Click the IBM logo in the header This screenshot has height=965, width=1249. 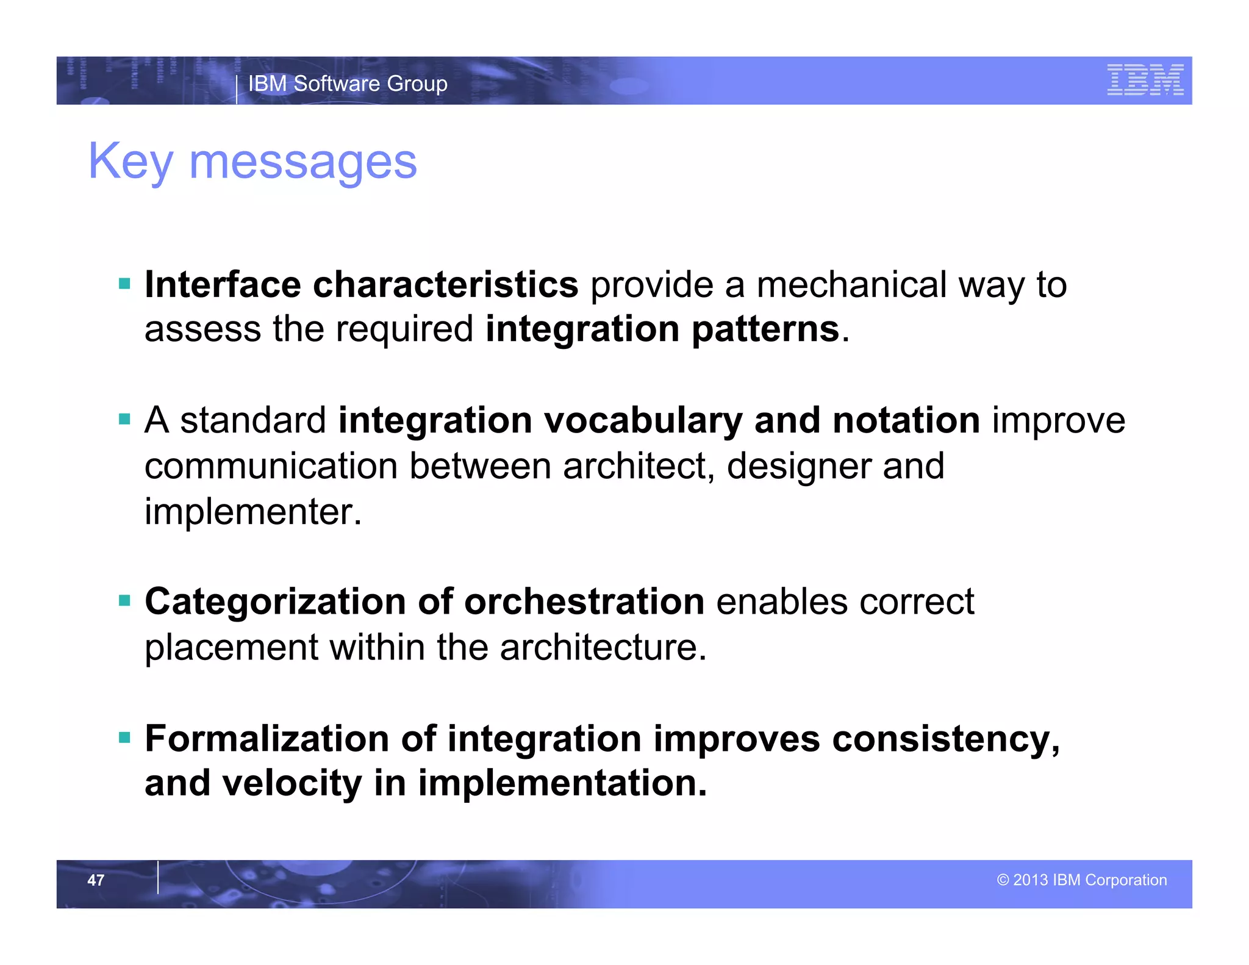click(1145, 80)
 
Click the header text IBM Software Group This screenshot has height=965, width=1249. click(348, 84)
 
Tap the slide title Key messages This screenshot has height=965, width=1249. click(252, 161)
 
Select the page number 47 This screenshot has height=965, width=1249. click(96, 880)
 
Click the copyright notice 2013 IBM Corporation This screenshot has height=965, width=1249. click(1082, 880)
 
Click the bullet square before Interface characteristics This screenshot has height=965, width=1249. click(125, 284)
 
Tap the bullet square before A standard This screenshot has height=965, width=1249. click(125, 419)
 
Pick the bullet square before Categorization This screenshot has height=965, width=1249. click(125, 601)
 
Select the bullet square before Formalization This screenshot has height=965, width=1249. click(125, 737)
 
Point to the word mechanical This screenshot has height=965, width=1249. click(851, 285)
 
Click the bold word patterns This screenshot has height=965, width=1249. click(765, 329)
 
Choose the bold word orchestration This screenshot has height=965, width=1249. click(584, 602)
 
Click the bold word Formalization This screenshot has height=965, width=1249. click(267, 739)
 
